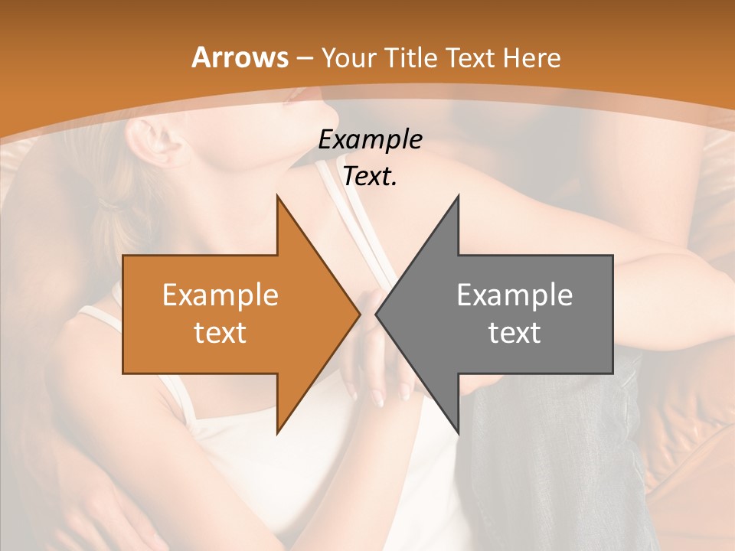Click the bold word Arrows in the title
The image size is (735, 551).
pos(239,57)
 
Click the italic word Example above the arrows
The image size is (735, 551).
pos(370,140)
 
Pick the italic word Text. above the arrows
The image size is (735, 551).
pos(370,177)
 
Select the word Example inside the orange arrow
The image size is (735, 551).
pos(220,295)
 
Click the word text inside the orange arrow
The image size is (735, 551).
pos(220,332)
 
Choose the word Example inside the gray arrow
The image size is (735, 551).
pos(514,295)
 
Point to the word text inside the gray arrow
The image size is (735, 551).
pos(514,332)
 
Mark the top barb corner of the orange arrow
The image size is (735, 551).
pos(277,195)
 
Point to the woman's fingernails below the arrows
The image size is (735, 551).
pos(378,399)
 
